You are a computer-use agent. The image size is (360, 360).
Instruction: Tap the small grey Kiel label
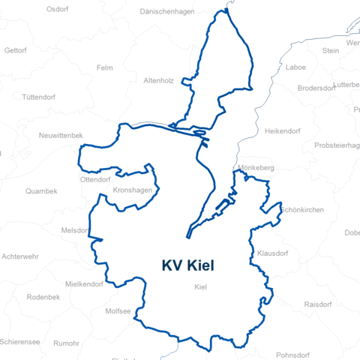coord(200,287)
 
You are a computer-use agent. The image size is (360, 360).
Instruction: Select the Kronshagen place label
coord(131,190)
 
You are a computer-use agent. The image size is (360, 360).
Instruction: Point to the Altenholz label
coord(158,79)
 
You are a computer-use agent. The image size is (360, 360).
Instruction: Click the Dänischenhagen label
coord(169,12)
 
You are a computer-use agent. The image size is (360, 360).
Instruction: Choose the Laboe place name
coord(295,67)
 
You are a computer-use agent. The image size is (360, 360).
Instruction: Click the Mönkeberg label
coord(256,169)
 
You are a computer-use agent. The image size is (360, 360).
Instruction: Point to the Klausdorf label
coord(272,253)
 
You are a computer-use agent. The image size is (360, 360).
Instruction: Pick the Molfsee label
coord(118,310)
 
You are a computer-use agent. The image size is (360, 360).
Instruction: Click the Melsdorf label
coord(76,230)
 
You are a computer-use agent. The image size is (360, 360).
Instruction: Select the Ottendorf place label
coord(95,180)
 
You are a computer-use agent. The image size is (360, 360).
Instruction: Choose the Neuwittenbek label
coord(61,135)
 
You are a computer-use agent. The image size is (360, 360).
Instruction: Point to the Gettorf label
coord(15,50)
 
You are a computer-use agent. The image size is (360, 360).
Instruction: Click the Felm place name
coord(105,67)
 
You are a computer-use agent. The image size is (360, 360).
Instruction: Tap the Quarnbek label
coord(41,191)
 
